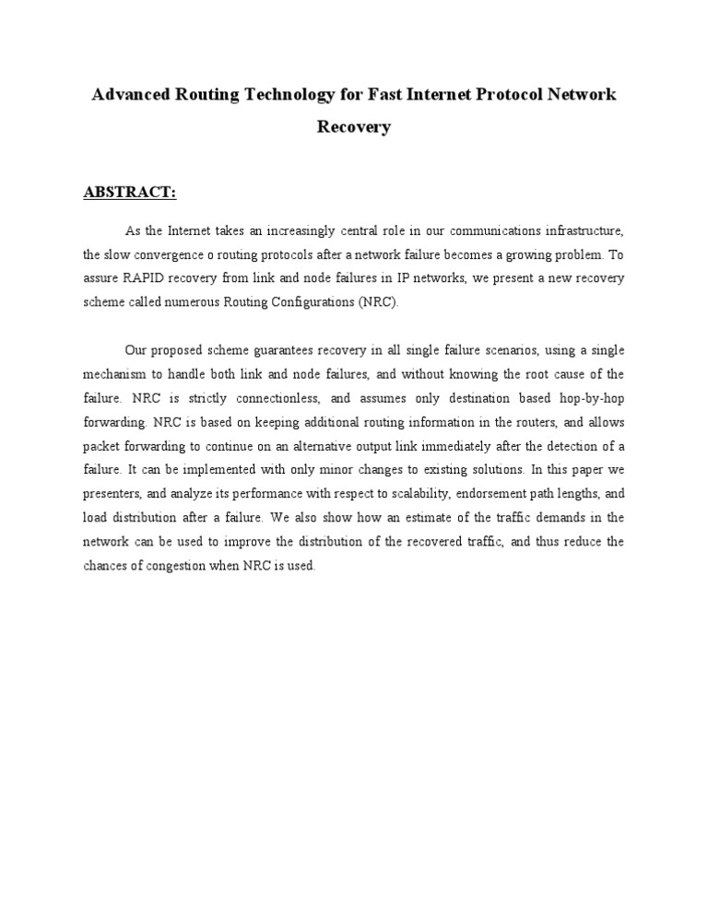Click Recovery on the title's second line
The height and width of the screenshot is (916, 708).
coord(354,127)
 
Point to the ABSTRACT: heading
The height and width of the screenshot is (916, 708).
coord(130,193)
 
